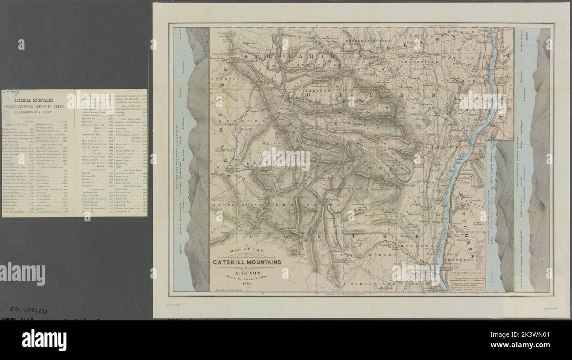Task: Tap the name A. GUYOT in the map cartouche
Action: (x=248, y=272)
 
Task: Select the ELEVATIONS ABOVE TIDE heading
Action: (x=34, y=107)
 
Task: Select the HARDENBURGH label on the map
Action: (x=233, y=206)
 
